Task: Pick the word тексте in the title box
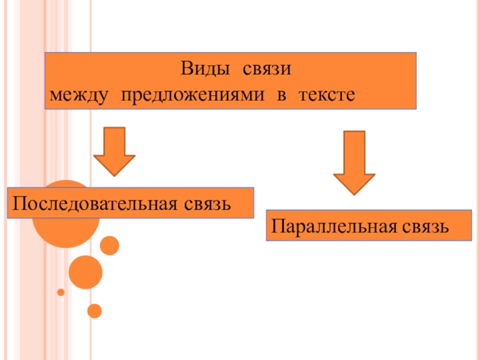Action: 324,95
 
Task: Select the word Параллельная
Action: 329,227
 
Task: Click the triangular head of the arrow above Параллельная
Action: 355,182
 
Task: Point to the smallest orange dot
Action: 61,292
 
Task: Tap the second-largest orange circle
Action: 86,272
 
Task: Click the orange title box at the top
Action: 230,80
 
